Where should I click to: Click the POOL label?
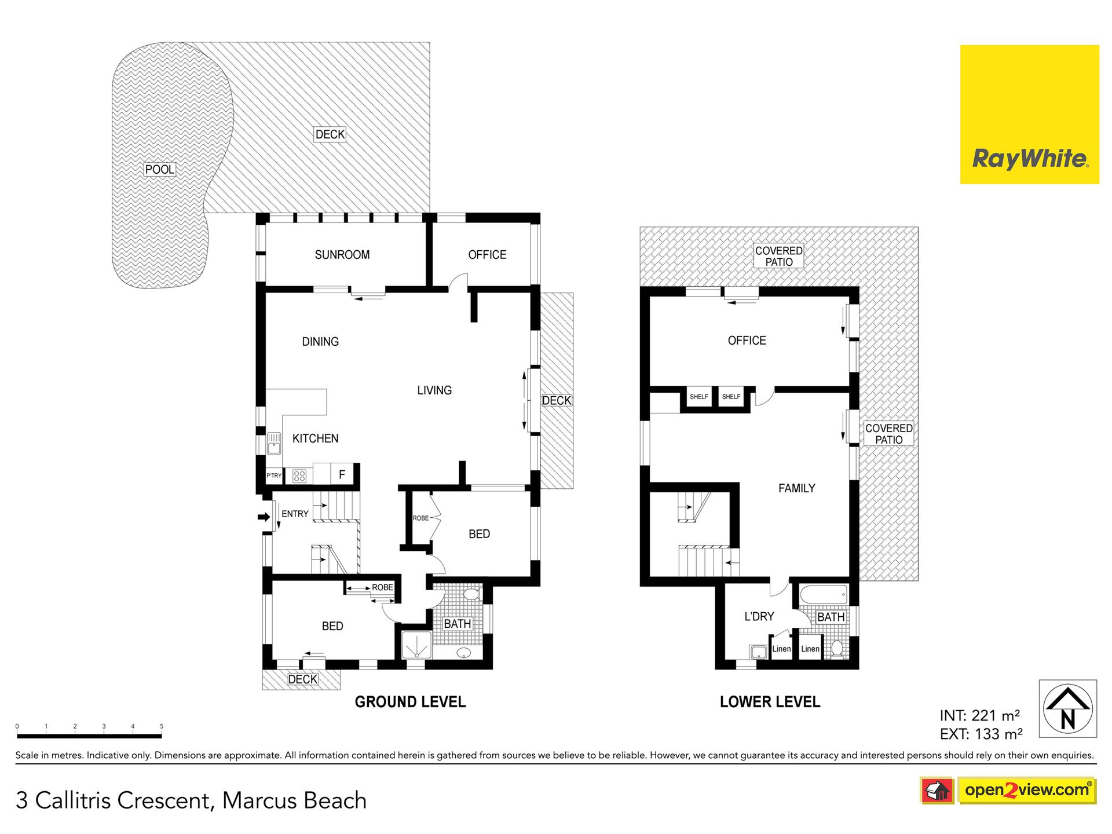(x=159, y=169)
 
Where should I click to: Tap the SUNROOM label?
(x=342, y=255)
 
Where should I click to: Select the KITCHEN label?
(x=315, y=438)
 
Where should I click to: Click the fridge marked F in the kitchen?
(x=342, y=474)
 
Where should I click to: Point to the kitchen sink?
(x=274, y=444)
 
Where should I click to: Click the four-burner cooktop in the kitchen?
(x=299, y=476)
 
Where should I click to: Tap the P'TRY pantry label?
(x=274, y=475)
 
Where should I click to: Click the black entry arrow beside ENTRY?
(x=264, y=517)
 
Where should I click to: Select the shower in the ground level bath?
(x=417, y=645)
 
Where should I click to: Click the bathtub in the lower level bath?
(x=824, y=595)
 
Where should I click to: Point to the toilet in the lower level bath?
(x=836, y=648)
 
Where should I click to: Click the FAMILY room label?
(x=796, y=488)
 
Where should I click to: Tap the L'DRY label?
(x=759, y=616)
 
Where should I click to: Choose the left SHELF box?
(x=698, y=397)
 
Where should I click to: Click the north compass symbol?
(x=1067, y=708)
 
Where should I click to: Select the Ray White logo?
(x=1029, y=115)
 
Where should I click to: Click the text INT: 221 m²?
(x=979, y=716)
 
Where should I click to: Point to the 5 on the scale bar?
(x=162, y=726)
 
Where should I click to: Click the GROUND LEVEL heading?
(x=410, y=702)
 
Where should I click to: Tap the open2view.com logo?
(x=1027, y=790)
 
